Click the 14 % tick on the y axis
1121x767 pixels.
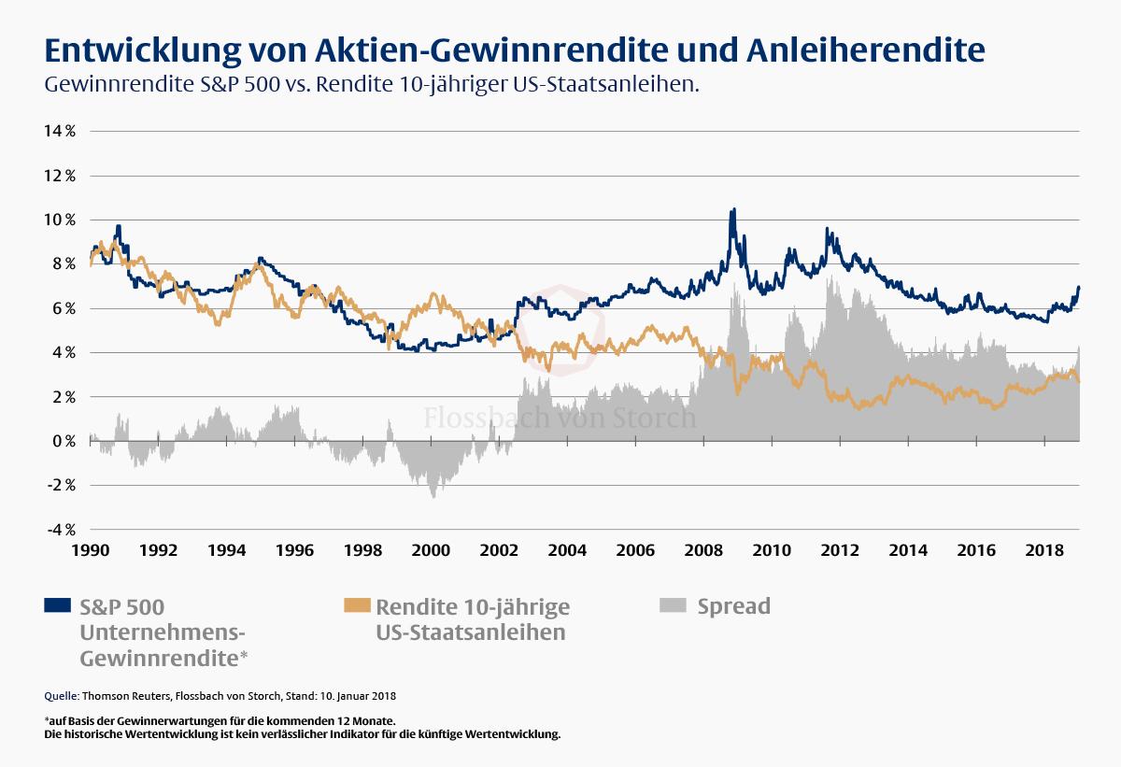coord(59,131)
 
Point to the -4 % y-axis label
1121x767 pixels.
coord(59,530)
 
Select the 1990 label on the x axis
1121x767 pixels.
coord(91,550)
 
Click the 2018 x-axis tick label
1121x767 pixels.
coord(1043,550)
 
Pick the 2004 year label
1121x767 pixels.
coord(567,550)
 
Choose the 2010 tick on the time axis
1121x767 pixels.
coord(772,550)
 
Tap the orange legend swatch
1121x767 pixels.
coord(356,605)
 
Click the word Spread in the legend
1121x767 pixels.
coord(733,605)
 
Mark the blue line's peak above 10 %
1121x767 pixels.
coord(733,209)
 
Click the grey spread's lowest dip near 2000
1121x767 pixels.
coord(433,497)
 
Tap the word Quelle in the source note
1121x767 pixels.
coord(61,696)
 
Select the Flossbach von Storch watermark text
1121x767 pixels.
coord(560,417)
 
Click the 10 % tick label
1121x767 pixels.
coord(59,220)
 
